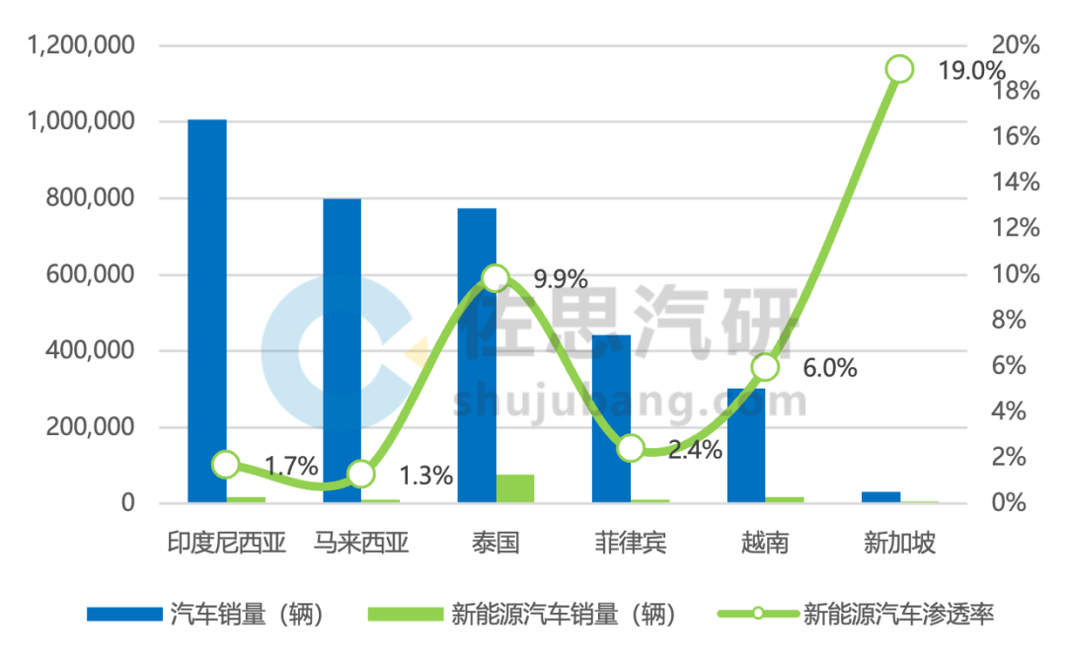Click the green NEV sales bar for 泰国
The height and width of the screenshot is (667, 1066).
pyautogui.click(x=515, y=489)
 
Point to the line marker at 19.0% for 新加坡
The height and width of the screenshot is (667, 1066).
pyautogui.click(x=899, y=69)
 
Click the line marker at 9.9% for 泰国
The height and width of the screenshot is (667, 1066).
pyautogui.click(x=495, y=277)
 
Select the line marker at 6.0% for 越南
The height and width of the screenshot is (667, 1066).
pyautogui.click(x=765, y=368)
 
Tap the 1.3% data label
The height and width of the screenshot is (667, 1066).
pyautogui.click(x=425, y=477)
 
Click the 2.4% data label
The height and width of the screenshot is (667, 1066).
pyautogui.click(x=695, y=451)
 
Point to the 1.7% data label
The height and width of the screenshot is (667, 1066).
pyautogui.click(x=291, y=466)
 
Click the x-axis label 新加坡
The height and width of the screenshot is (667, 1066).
pyautogui.click(x=899, y=543)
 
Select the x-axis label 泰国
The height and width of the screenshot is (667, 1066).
pyautogui.click(x=495, y=543)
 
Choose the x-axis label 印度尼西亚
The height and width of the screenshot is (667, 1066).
pyautogui.click(x=226, y=543)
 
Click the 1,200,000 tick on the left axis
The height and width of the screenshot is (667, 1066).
pyautogui.click(x=82, y=45)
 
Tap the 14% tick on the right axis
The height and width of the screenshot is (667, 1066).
pyautogui.click(x=1016, y=183)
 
